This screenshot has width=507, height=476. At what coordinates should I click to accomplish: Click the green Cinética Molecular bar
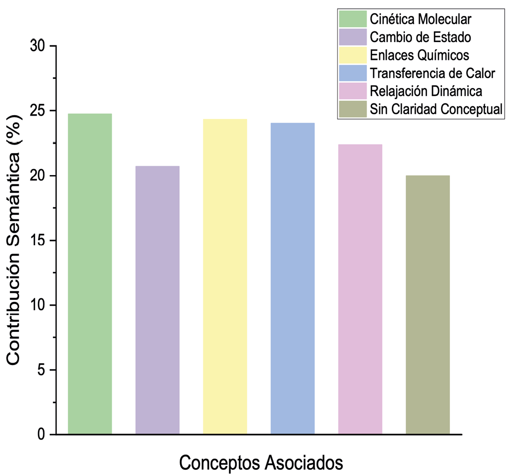[90, 274]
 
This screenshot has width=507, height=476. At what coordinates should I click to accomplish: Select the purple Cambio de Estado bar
[157, 300]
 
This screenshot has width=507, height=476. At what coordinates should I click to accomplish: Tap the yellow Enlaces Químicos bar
[225, 277]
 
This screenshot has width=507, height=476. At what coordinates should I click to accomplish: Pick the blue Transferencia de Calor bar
[293, 278]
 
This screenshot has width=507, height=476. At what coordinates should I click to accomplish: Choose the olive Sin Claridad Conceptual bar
[427, 305]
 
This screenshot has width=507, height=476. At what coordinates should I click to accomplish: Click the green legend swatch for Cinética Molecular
[353, 19]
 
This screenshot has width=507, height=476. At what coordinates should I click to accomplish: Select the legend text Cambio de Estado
[420, 37]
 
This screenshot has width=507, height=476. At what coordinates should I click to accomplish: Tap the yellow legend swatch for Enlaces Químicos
[353, 55]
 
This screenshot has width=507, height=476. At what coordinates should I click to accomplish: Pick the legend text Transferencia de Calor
[432, 73]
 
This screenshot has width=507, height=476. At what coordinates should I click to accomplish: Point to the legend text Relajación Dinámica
[426, 91]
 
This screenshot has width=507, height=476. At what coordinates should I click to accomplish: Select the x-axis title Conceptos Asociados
[261, 463]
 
